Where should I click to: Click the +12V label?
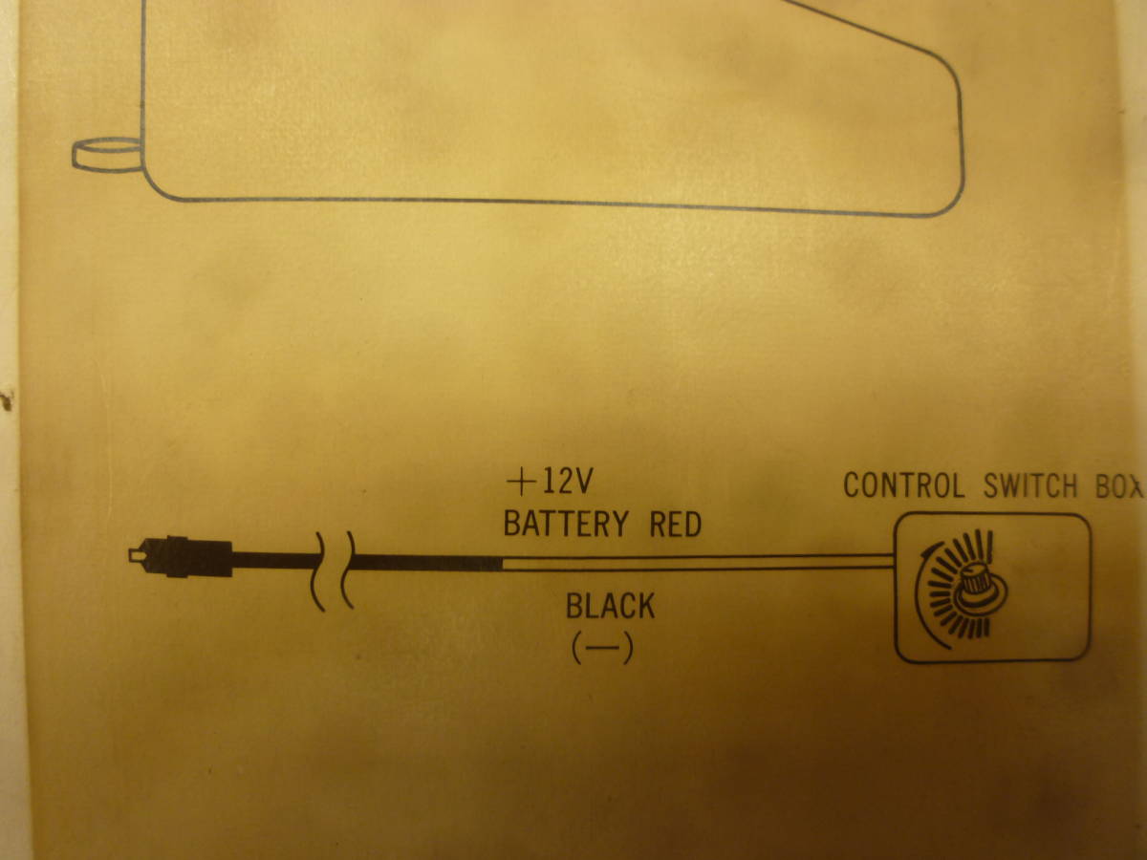(550, 482)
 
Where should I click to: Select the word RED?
(675, 525)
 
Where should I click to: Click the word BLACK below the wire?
(611, 606)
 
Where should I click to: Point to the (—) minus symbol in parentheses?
(602, 648)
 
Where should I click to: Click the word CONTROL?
(904, 485)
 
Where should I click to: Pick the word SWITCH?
(1030, 486)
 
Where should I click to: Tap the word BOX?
(1119, 486)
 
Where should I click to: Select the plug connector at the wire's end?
(181, 556)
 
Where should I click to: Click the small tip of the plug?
(135, 555)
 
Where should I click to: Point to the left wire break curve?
(318, 571)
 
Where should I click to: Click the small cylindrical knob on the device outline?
(107, 155)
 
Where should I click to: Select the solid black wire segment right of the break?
(427, 563)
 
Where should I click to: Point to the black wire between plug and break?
(275, 560)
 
